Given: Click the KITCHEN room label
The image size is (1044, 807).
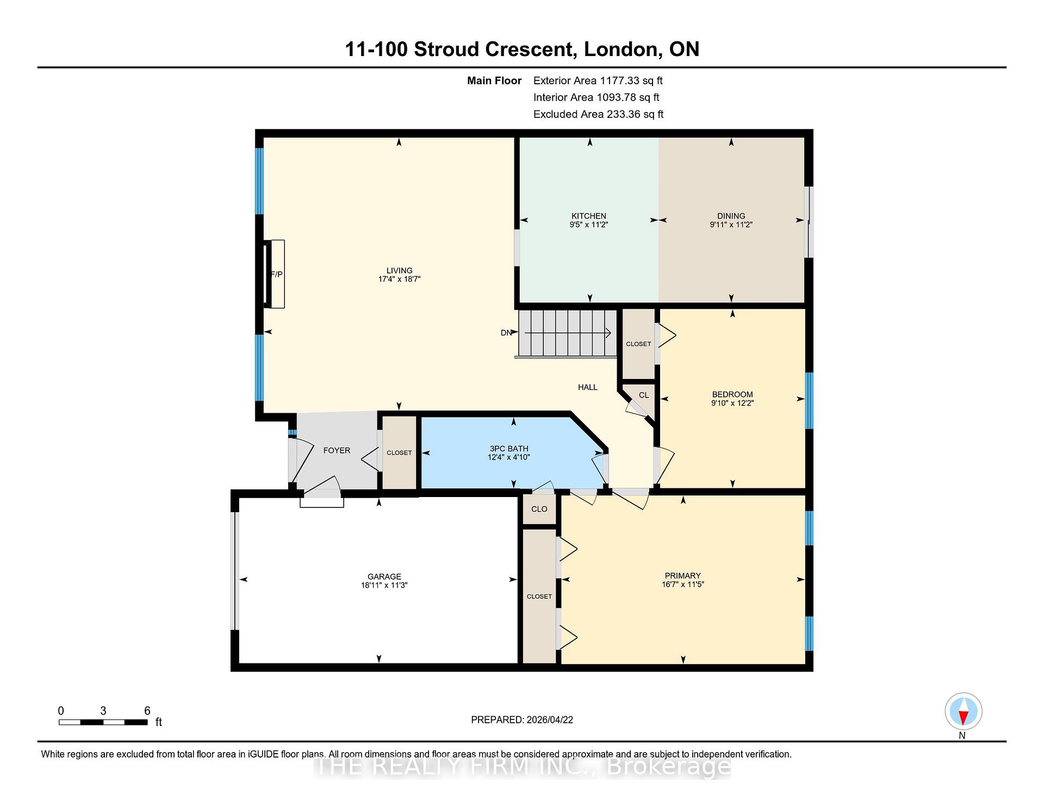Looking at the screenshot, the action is (x=588, y=216).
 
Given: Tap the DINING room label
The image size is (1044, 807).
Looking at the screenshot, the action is (x=731, y=216).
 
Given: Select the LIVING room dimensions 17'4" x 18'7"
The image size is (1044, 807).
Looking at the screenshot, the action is (x=399, y=279).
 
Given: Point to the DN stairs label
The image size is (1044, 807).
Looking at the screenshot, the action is (x=506, y=333).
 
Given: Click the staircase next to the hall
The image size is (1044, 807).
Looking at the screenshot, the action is (x=567, y=333).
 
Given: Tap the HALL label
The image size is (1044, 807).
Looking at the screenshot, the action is (x=587, y=387).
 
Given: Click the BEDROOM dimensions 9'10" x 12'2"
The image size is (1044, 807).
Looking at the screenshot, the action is (x=732, y=403).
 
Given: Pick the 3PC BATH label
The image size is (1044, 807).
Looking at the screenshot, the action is (x=509, y=449).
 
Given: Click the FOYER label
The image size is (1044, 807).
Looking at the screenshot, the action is (x=337, y=450).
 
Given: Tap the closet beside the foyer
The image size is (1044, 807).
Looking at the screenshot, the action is (x=399, y=452).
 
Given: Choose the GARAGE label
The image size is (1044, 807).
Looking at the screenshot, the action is (x=384, y=576).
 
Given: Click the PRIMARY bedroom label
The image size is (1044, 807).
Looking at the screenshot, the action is (x=682, y=575).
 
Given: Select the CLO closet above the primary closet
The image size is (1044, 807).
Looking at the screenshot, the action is (x=539, y=509).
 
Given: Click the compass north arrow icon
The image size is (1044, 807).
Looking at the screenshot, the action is (x=963, y=711).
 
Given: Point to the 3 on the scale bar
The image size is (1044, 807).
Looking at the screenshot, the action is (x=103, y=711).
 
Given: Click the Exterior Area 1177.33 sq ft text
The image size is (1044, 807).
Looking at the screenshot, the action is (x=598, y=80).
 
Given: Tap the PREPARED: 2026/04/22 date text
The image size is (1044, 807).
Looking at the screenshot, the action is (x=522, y=719).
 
